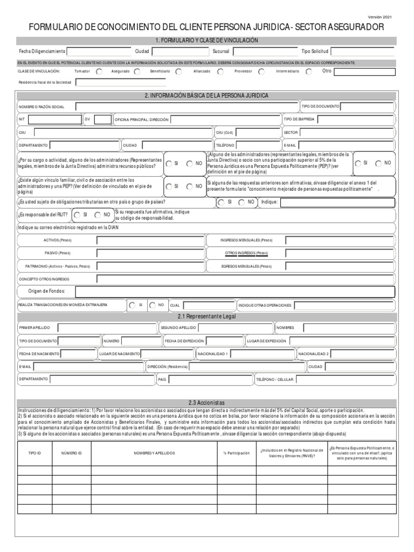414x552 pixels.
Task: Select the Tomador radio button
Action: tap(99, 71)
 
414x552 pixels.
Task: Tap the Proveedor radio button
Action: tap(261, 71)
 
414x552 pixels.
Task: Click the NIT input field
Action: tap(54, 119)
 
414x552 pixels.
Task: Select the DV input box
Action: tap(102, 119)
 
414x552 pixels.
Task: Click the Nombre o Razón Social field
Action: tap(186, 106)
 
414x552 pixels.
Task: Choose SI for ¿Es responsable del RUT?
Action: tap(77, 215)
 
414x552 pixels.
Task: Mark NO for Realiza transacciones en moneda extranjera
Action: tap(153, 305)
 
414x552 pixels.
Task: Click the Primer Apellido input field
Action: tap(107, 328)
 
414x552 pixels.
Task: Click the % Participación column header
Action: tap(236, 453)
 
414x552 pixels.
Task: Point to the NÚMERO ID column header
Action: tap(71, 453)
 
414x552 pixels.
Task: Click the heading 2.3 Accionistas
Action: tap(206, 403)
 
